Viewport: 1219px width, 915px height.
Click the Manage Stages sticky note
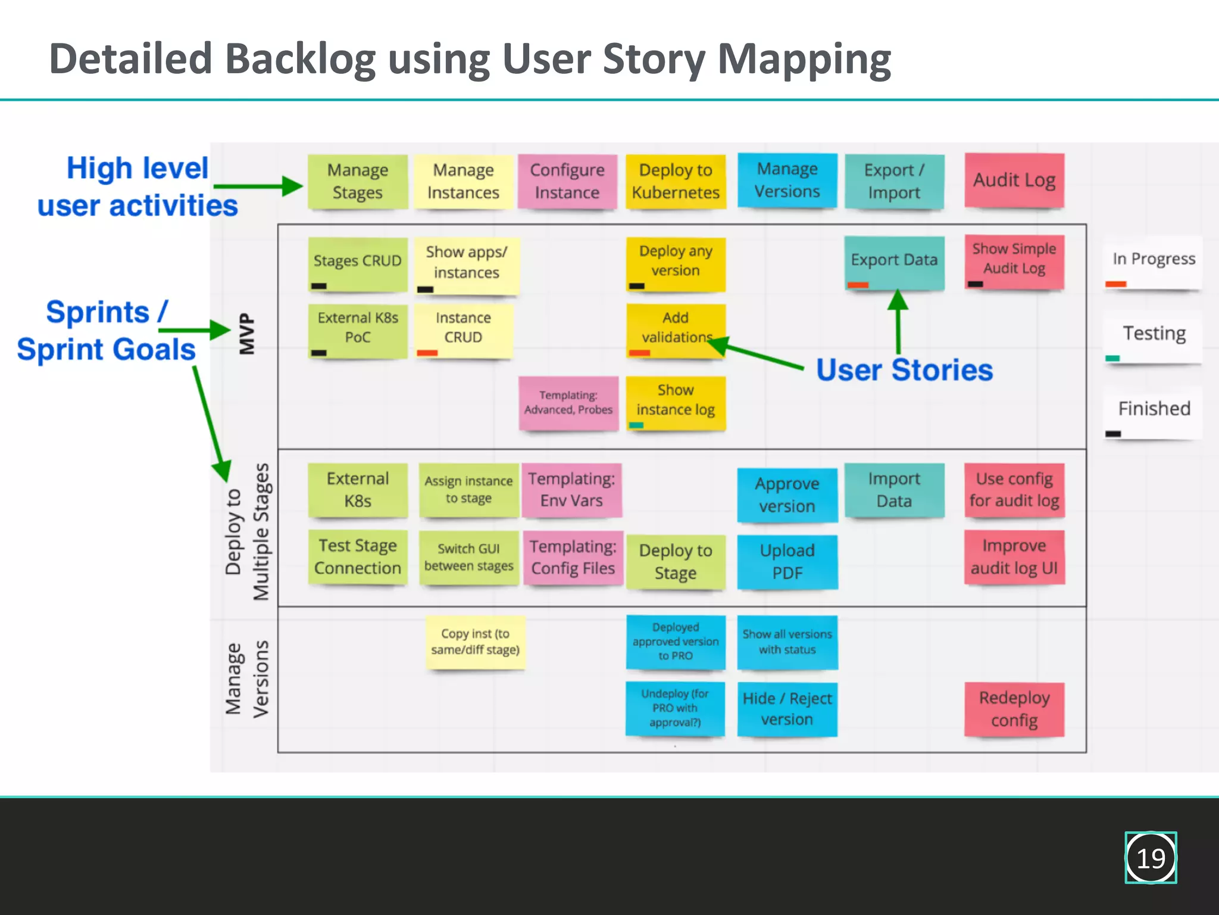pyautogui.click(x=357, y=181)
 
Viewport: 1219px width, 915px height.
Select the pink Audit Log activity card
pyautogui.click(x=1014, y=180)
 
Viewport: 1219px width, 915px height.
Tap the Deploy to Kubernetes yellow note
pyautogui.click(x=676, y=181)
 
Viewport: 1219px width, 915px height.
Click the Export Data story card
pyautogui.click(x=894, y=261)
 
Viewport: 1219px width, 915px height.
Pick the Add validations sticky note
pyautogui.click(x=676, y=328)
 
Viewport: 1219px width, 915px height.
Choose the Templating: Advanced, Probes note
pyautogui.click(x=568, y=403)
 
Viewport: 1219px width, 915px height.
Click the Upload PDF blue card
pyautogui.click(x=787, y=561)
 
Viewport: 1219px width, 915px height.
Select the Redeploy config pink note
pyautogui.click(x=1014, y=709)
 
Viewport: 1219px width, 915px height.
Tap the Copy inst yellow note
pyautogui.click(x=475, y=642)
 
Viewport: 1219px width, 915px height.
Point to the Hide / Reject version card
pyautogui.click(x=787, y=709)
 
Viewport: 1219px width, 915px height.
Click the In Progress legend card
pyautogui.click(x=1153, y=262)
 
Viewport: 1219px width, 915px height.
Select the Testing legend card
pyautogui.click(x=1153, y=337)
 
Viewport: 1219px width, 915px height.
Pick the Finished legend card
pyautogui.click(x=1153, y=412)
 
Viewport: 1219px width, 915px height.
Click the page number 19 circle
pyautogui.click(x=1151, y=858)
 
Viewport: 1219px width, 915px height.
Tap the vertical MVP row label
pyautogui.click(x=246, y=334)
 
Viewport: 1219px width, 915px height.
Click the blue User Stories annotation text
pyautogui.click(x=904, y=370)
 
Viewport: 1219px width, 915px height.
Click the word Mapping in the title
pyautogui.click(x=804, y=60)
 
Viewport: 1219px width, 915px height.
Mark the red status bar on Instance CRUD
pyautogui.click(x=427, y=353)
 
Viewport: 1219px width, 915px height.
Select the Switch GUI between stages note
pyautogui.click(x=468, y=558)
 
